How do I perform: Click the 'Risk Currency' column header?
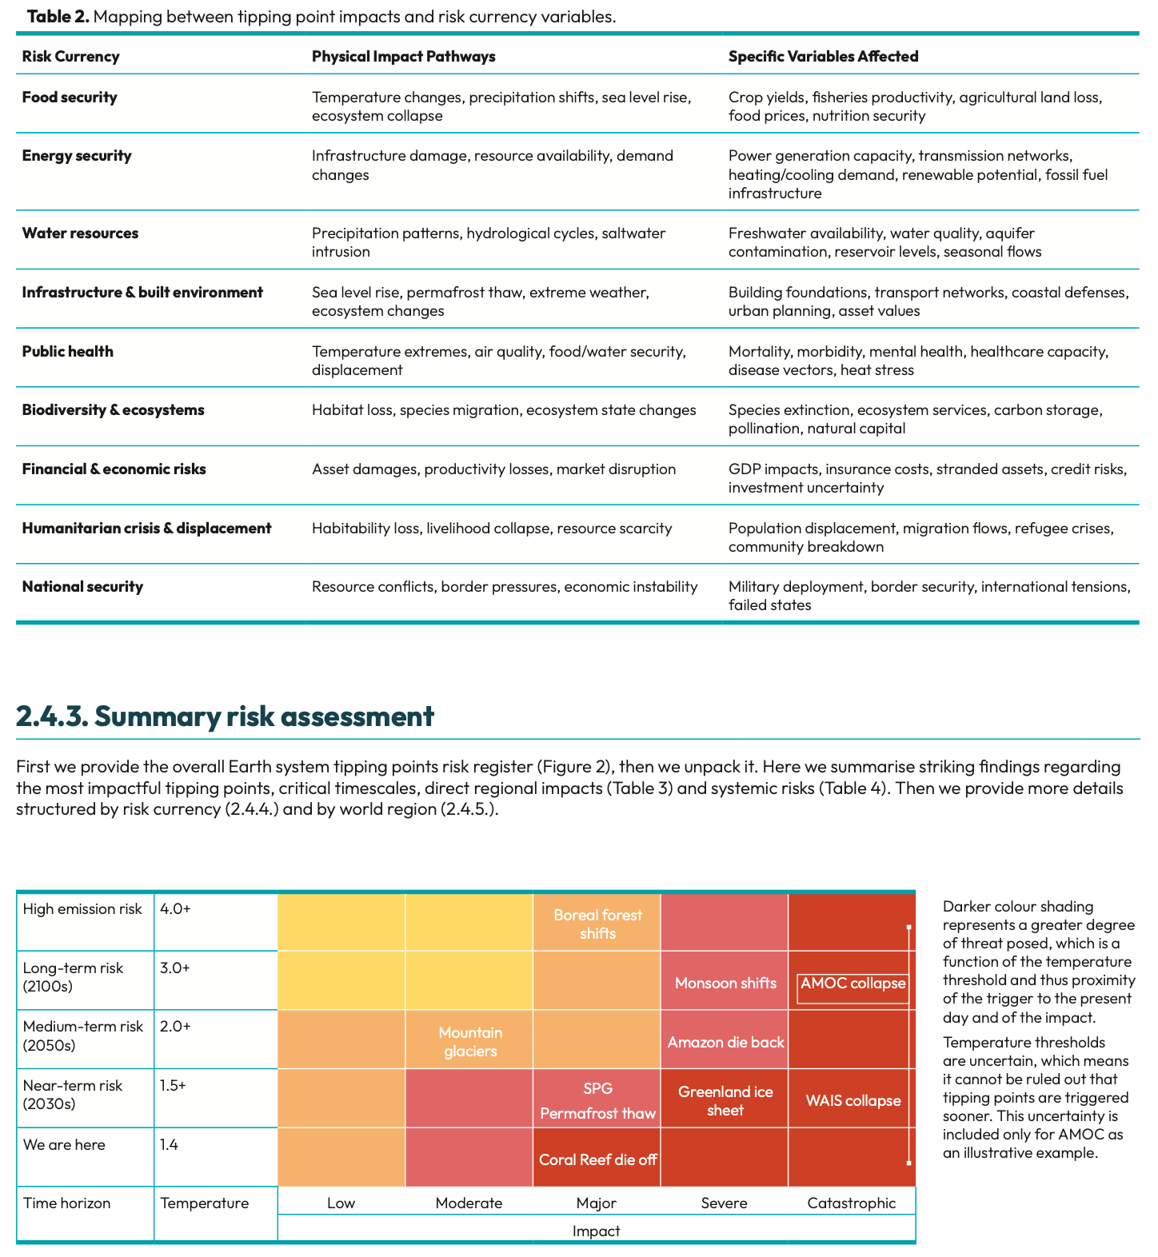70,56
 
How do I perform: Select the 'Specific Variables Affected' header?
823,56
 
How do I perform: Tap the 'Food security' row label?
70,97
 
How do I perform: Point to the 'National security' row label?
82,586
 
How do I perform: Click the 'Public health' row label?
68,351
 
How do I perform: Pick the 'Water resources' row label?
80,233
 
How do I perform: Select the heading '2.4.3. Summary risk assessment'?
225,716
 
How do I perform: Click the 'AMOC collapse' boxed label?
853,984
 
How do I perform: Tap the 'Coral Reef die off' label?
597,1159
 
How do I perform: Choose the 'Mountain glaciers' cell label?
470,1042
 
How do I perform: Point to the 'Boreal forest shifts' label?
597,924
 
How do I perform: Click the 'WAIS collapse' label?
853,1100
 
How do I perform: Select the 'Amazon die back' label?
725,1042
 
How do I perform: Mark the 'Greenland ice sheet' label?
725,1101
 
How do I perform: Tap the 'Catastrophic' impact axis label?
851,1203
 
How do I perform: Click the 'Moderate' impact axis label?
469,1203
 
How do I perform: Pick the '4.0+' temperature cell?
175,908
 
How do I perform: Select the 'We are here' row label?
64,1144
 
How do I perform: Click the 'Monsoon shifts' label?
725,983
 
